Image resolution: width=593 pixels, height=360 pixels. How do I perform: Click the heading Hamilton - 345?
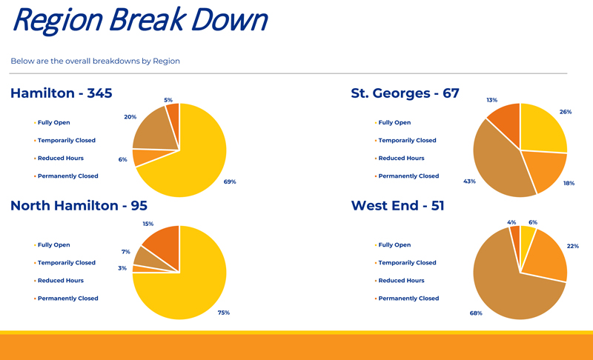tap(62, 93)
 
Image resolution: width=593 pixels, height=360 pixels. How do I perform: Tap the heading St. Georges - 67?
tap(405, 93)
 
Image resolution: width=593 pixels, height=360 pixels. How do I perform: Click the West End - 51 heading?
tap(397, 205)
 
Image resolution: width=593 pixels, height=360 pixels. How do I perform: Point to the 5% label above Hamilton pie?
tap(168, 100)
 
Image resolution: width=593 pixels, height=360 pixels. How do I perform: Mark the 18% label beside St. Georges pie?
tap(569, 183)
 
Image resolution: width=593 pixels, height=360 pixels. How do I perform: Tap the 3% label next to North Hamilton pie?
tap(122, 268)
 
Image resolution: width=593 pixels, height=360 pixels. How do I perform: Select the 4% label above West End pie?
tap(511, 222)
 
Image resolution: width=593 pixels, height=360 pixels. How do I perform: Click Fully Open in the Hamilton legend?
tap(54, 123)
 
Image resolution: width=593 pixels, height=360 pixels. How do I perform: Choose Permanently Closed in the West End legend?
tap(408, 299)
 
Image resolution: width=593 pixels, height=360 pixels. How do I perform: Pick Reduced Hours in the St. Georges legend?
tap(401, 159)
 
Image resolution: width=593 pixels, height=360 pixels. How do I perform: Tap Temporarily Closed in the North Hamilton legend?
tap(67, 263)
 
